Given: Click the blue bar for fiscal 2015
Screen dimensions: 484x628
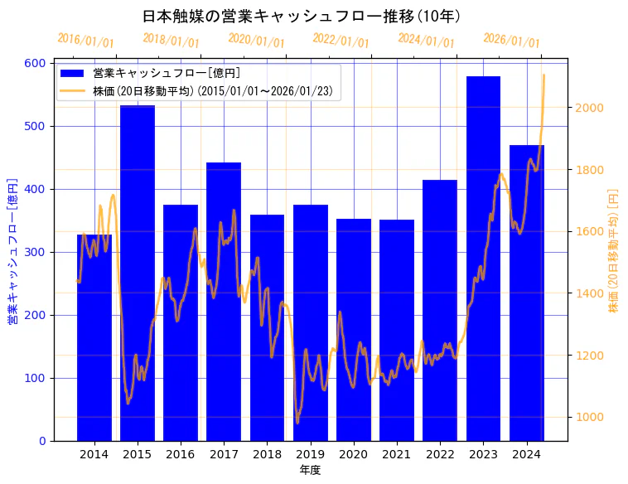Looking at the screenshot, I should click(x=138, y=273).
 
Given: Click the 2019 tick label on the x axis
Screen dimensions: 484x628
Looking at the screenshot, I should click(x=310, y=454).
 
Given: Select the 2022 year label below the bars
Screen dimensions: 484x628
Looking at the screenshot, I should click(x=440, y=454).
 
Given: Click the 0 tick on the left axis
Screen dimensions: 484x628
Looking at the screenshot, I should click(x=42, y=441).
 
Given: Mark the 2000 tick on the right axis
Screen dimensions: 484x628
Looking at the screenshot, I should click(x=589, y=108).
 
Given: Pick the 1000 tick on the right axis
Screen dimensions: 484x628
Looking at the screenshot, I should click(x=589, y=418).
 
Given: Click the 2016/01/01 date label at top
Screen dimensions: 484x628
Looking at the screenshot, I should click(x=85, y=41).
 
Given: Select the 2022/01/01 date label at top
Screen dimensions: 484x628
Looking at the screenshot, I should click(x=341, y=41).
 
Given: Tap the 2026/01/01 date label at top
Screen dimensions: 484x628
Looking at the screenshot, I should click(x=511, y=41).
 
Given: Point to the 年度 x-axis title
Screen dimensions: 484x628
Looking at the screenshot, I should click(x=310, y=470).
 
